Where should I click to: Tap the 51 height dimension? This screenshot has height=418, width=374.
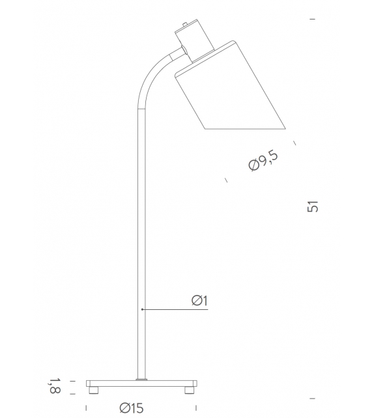[313, 206]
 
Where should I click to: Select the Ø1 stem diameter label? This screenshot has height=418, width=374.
[199, 300]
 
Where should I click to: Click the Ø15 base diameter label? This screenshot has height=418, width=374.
[131, 408]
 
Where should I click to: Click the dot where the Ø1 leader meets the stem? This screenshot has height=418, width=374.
[142, 309]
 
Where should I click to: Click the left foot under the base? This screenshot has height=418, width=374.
[93, 391]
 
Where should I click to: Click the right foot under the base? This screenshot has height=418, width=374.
[190, 391]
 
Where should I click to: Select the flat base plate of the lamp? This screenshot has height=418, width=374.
[141, 383]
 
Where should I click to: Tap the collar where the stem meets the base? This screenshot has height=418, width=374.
[141, 377]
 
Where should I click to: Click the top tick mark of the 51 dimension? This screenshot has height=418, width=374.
[313, 20]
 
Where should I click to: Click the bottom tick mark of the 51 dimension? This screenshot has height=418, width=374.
[313, 398]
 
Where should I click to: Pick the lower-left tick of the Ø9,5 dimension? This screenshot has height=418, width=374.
[226, 180]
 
